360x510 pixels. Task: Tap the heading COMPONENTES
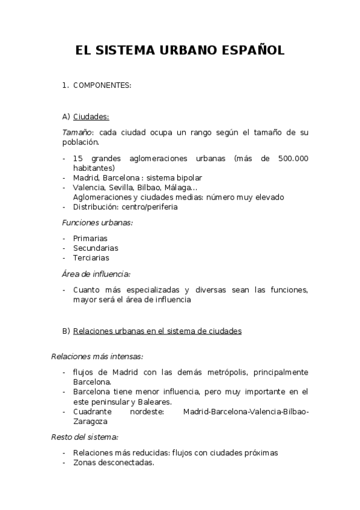tap(102, 85)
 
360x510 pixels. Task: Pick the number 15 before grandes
tap(77, 158)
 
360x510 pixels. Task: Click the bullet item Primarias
tap(90, 238)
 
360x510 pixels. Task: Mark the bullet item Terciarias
tap(91, 257)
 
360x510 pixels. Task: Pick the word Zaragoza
tap(91, 422)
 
